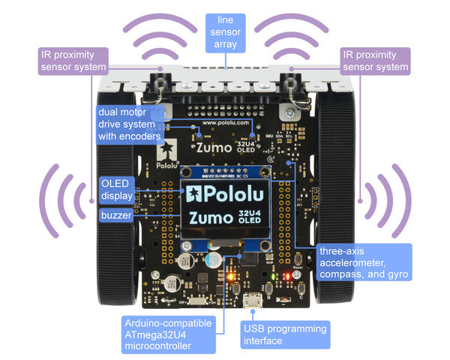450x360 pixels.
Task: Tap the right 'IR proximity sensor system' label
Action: point(375,61)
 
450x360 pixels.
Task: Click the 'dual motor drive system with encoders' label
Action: point(130,124)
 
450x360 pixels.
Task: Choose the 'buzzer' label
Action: point(116,215)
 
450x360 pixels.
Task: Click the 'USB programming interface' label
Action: point(283,334)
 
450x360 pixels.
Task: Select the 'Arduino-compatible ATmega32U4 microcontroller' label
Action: point(168,333)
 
